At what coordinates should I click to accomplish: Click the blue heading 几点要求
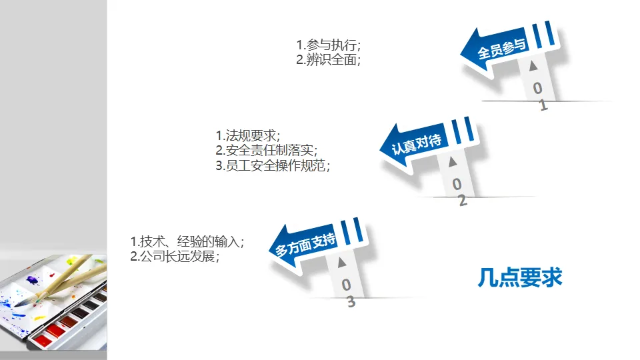(x=520, y=277)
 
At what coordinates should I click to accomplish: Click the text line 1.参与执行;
(x=329, y=45)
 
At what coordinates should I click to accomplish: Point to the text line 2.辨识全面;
(x=329, y=59)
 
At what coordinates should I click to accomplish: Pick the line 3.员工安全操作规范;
(x=273, y=165)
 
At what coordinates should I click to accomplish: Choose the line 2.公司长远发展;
(x=175, y=256)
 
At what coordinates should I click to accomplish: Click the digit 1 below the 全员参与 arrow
(x=543, y=105)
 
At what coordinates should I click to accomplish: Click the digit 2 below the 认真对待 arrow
(x=462, y=200)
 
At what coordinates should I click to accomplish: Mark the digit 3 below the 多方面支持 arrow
(x=351, y=302)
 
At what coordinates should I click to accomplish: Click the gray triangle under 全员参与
(x=533, y=67)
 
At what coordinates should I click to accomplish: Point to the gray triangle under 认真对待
(x=453, y=162)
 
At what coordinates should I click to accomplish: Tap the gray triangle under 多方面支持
(x=343, y=262)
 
